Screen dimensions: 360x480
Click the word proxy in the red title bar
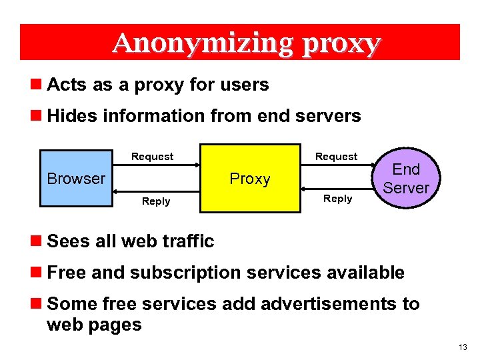(341, 43)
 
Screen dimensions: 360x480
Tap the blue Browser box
(76, 178)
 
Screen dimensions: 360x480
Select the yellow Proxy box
(249, 178)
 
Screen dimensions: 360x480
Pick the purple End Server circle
(406, 179)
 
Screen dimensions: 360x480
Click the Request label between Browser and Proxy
(152, 157)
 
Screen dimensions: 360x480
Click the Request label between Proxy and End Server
(336, 157)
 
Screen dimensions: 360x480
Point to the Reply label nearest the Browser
(156, 201)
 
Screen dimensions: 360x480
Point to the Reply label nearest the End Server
(337, 199)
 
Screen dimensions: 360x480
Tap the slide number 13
(463, 348)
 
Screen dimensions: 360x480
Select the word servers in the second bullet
(329, 116)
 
